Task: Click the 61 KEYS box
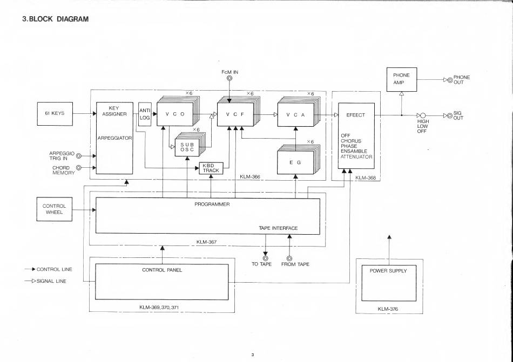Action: click(55, 114)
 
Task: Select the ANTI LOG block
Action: click(145, 114)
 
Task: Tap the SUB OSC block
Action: click(187, 147)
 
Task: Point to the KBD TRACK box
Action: click(211, 168)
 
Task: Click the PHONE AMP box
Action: click(401, 79)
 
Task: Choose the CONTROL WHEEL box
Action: click(55, 209)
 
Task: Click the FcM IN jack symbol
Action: click(230, 79)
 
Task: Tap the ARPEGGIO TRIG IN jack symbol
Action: click(78, 156)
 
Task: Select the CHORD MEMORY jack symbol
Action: click(78, 168)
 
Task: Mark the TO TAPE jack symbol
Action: click(265, 258)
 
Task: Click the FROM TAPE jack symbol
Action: click(289, 258)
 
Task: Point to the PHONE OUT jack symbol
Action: click(450, 80)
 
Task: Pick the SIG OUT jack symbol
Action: click(450, 115)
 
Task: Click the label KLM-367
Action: click(206, 242)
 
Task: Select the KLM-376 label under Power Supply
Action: click(388, 309)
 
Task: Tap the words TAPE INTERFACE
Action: click(279, 228)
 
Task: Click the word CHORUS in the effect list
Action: click(351, 141)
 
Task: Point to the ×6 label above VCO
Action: click(189, 93)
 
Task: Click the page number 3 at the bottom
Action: click(253, 355)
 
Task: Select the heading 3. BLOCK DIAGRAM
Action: click(55, 19)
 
